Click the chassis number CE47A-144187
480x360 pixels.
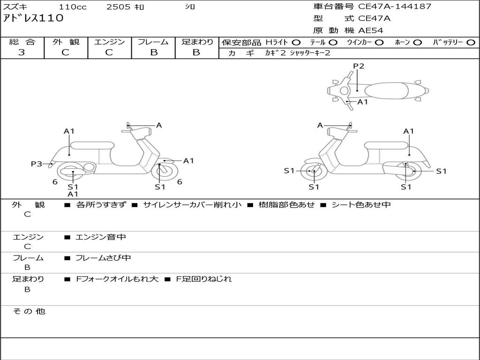(x=395, y=7)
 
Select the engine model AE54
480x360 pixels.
(x=371, y=30)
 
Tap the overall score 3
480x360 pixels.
(x=22, y=52)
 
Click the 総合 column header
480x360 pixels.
(x=22, y=42)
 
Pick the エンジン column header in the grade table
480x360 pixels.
(x=109, y=42)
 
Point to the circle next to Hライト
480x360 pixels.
(x=296, y=42)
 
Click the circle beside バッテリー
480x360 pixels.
(x=471, y=42)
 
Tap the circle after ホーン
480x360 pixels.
(x=417, y=42)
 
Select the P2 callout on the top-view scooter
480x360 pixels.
(x=359, y=66)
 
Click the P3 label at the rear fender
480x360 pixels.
(x=37, y=164)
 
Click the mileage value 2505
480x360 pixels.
(x=119, y=7)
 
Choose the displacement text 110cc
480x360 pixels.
(x=72, y=7)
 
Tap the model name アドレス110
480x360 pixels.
(x=33, y=18)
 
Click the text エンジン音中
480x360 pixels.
(x=101, y=237)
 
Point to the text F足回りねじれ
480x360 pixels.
(x=204, y=279)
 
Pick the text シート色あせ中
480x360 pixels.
(x=361, y=205)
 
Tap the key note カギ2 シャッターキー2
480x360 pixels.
(x=298, y=53)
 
